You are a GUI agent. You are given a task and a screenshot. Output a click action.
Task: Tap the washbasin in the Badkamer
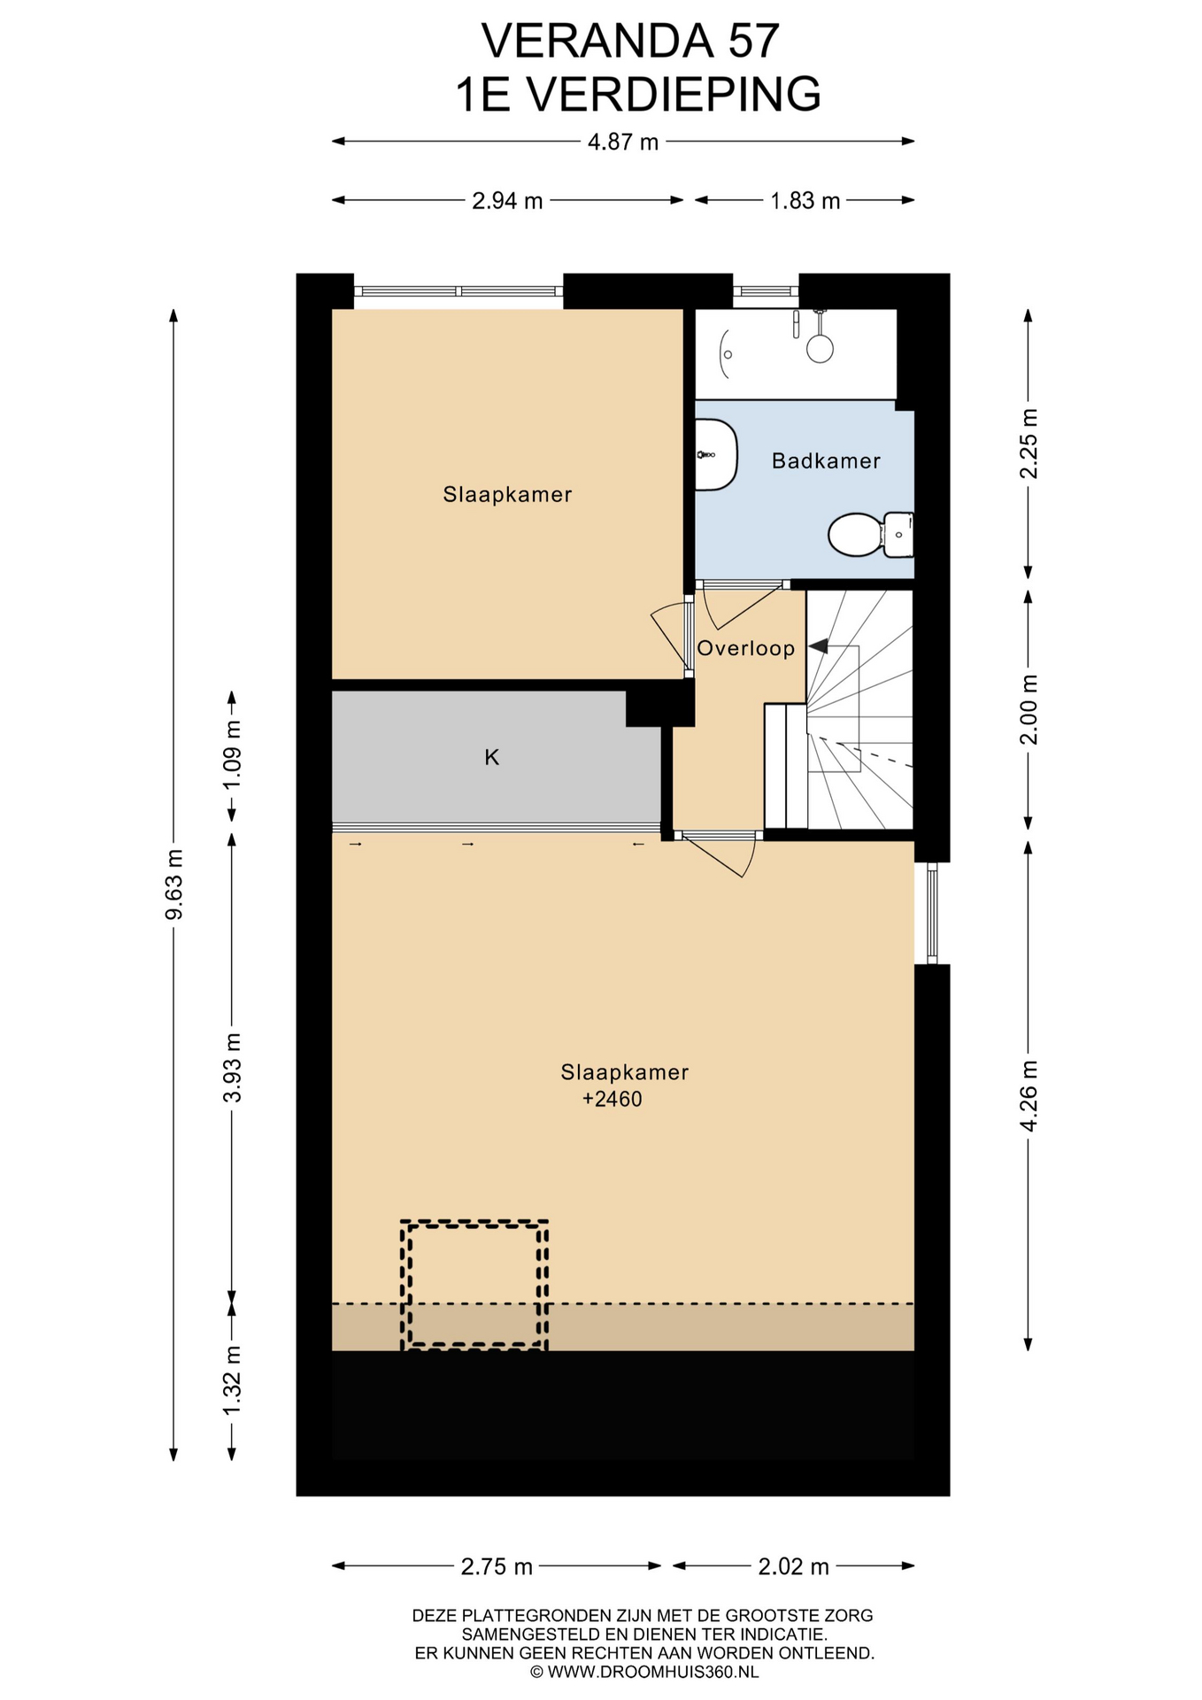click(x=716, y=455)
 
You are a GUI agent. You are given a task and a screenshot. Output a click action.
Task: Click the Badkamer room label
click(x=826, y=460)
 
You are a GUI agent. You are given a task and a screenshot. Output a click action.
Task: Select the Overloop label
click(x=746, y=648)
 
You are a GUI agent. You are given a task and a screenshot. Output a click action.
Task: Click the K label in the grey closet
click(x=492, y=757)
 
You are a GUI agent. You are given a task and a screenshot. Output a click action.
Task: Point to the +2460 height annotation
click(x=612, y=1100)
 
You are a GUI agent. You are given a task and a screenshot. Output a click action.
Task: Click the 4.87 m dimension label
click(x=623, y=142)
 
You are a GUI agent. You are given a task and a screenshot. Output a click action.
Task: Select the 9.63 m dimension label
click(x=174, y=884)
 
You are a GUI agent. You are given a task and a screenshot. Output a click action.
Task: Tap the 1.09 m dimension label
click(x=232, y=756)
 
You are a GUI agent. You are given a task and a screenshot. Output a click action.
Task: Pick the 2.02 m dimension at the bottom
click(x=793, y=1566)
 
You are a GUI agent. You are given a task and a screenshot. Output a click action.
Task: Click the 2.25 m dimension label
click(x=1029, y=444)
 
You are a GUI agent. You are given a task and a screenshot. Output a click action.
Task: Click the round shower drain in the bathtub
click(x=821, y=348)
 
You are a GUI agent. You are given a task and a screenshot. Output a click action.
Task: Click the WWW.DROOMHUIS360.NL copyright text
click(x=644, y=1672)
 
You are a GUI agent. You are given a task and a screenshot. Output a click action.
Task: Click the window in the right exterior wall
click(x=932, y=914)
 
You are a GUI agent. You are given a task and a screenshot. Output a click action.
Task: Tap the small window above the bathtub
click(x=766, y=290)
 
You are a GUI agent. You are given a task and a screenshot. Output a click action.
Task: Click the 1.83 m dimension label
click(x=805, y=201)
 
